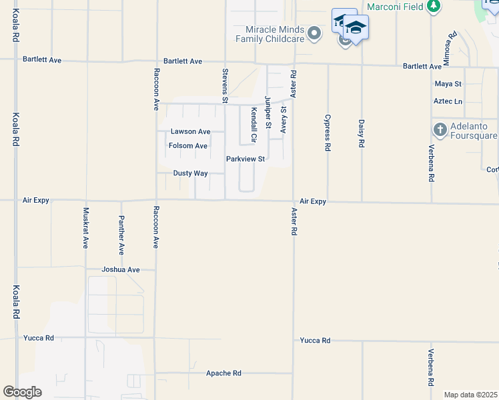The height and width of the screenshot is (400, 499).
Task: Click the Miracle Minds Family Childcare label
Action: (275, 35)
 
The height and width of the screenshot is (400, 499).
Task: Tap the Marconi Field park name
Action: (395, 6)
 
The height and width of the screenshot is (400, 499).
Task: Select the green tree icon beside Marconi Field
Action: (434, 6)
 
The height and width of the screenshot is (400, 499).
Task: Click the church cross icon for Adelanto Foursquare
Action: (440, 129)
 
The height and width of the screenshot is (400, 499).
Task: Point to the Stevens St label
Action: (225, 86)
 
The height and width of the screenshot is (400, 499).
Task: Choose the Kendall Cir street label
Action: (254, 125)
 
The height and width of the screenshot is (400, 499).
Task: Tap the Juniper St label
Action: (268, 112)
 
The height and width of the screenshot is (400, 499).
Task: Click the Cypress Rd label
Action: (328, 133)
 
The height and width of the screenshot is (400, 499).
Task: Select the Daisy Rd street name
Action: (362, 133)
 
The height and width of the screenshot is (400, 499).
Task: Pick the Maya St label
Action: (448, 84)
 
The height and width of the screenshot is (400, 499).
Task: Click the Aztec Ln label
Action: (448, 101)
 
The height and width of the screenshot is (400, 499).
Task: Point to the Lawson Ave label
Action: (190, 132)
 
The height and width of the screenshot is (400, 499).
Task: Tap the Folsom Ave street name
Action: (188, 146)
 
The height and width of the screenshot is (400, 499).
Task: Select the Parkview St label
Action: (245, 159)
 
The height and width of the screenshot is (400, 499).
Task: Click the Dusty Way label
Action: (191, 173)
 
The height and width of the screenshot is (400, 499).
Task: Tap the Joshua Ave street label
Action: (121, 270)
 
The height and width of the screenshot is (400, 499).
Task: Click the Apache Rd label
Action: (223, 373)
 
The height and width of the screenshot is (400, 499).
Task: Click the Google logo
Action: (22, 392)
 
